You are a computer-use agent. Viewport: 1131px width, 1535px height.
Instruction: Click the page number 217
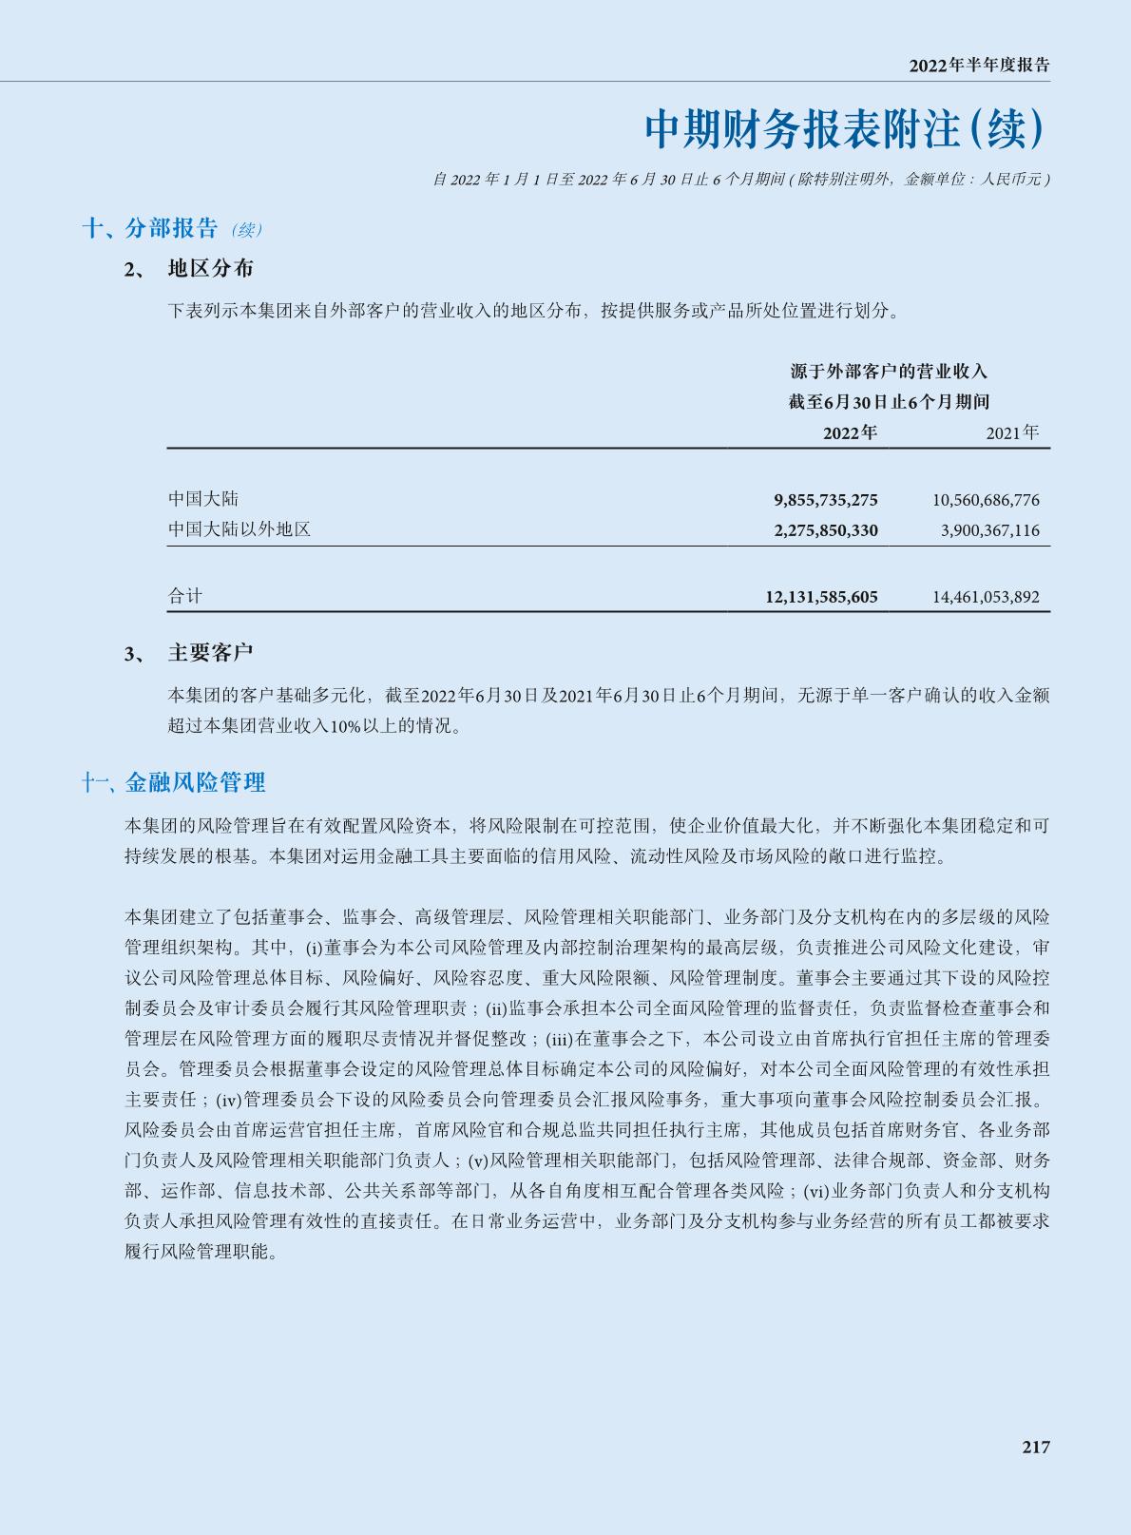point(1036,1447)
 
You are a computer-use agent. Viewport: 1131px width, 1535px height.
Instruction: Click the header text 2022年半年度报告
point(979,66)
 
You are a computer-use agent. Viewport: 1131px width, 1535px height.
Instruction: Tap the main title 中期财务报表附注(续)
point(846,129)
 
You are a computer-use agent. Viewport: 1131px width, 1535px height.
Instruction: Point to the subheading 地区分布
point(210,269)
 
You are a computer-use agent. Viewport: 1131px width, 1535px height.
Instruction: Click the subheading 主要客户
point(210,653)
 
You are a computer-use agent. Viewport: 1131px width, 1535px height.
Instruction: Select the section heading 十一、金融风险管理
point(173,782)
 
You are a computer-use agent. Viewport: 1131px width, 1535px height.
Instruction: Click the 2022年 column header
point(850,433)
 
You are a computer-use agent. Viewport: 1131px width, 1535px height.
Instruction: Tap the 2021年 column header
point(1012,433)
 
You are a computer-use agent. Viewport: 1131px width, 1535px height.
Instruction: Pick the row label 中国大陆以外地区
point(240,529)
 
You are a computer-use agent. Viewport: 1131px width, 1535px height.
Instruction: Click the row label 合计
point(185,596)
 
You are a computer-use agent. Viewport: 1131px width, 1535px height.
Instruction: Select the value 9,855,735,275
point(826,499)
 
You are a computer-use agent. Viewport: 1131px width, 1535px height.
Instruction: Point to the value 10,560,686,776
point(986,499)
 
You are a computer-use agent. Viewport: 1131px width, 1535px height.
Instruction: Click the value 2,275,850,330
point(826,529)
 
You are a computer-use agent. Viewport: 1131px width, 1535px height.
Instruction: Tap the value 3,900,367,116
point(990,529)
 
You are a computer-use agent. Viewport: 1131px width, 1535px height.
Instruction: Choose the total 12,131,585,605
point(821,597)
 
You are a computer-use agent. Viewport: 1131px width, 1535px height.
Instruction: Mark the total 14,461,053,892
point(986,597)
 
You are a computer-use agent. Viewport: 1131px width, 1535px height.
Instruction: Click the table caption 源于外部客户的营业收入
point(889,371)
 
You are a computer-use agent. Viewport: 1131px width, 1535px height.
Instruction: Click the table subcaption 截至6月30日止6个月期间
point(889,402)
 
